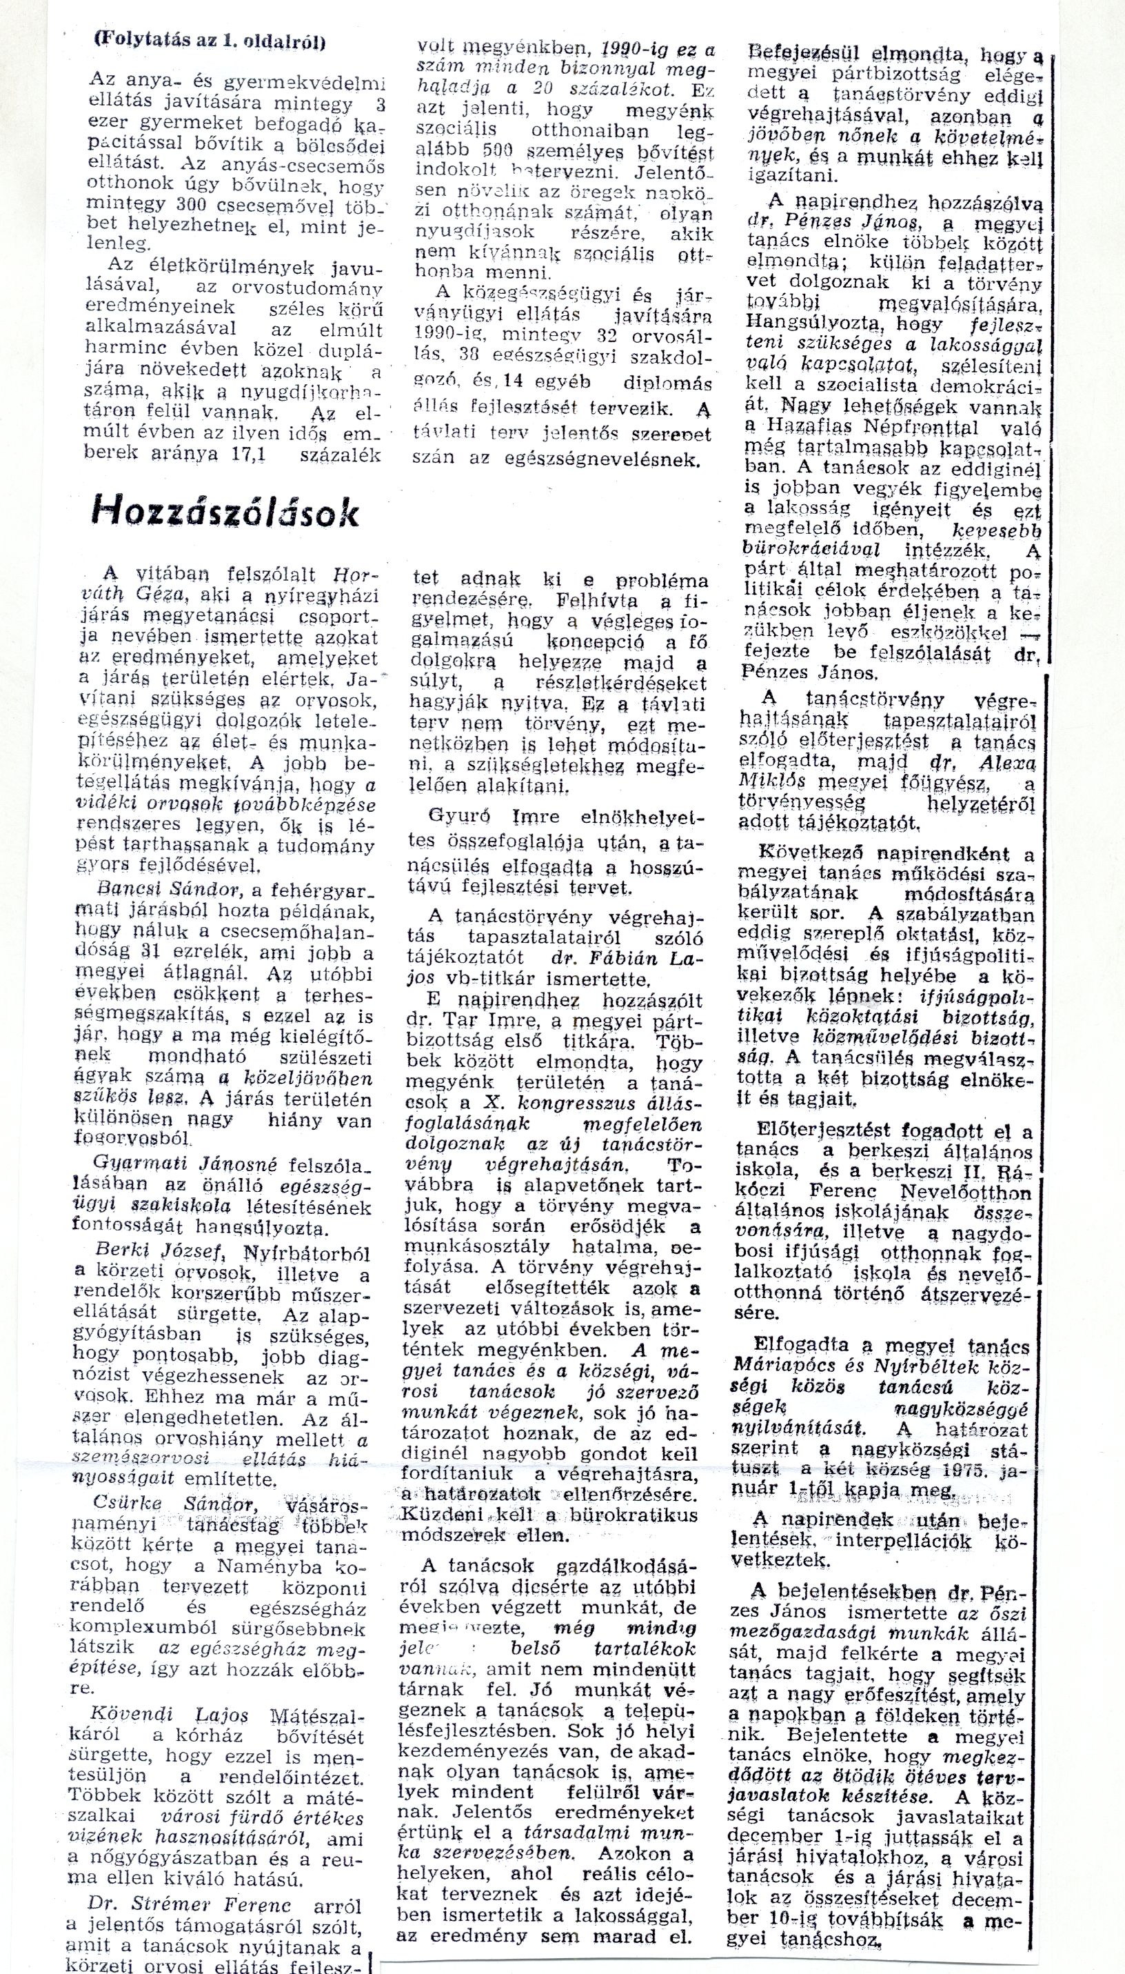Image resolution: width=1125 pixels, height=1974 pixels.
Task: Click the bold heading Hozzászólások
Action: point(225,512)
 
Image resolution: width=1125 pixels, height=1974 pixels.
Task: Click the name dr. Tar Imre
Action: point(496,1024)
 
